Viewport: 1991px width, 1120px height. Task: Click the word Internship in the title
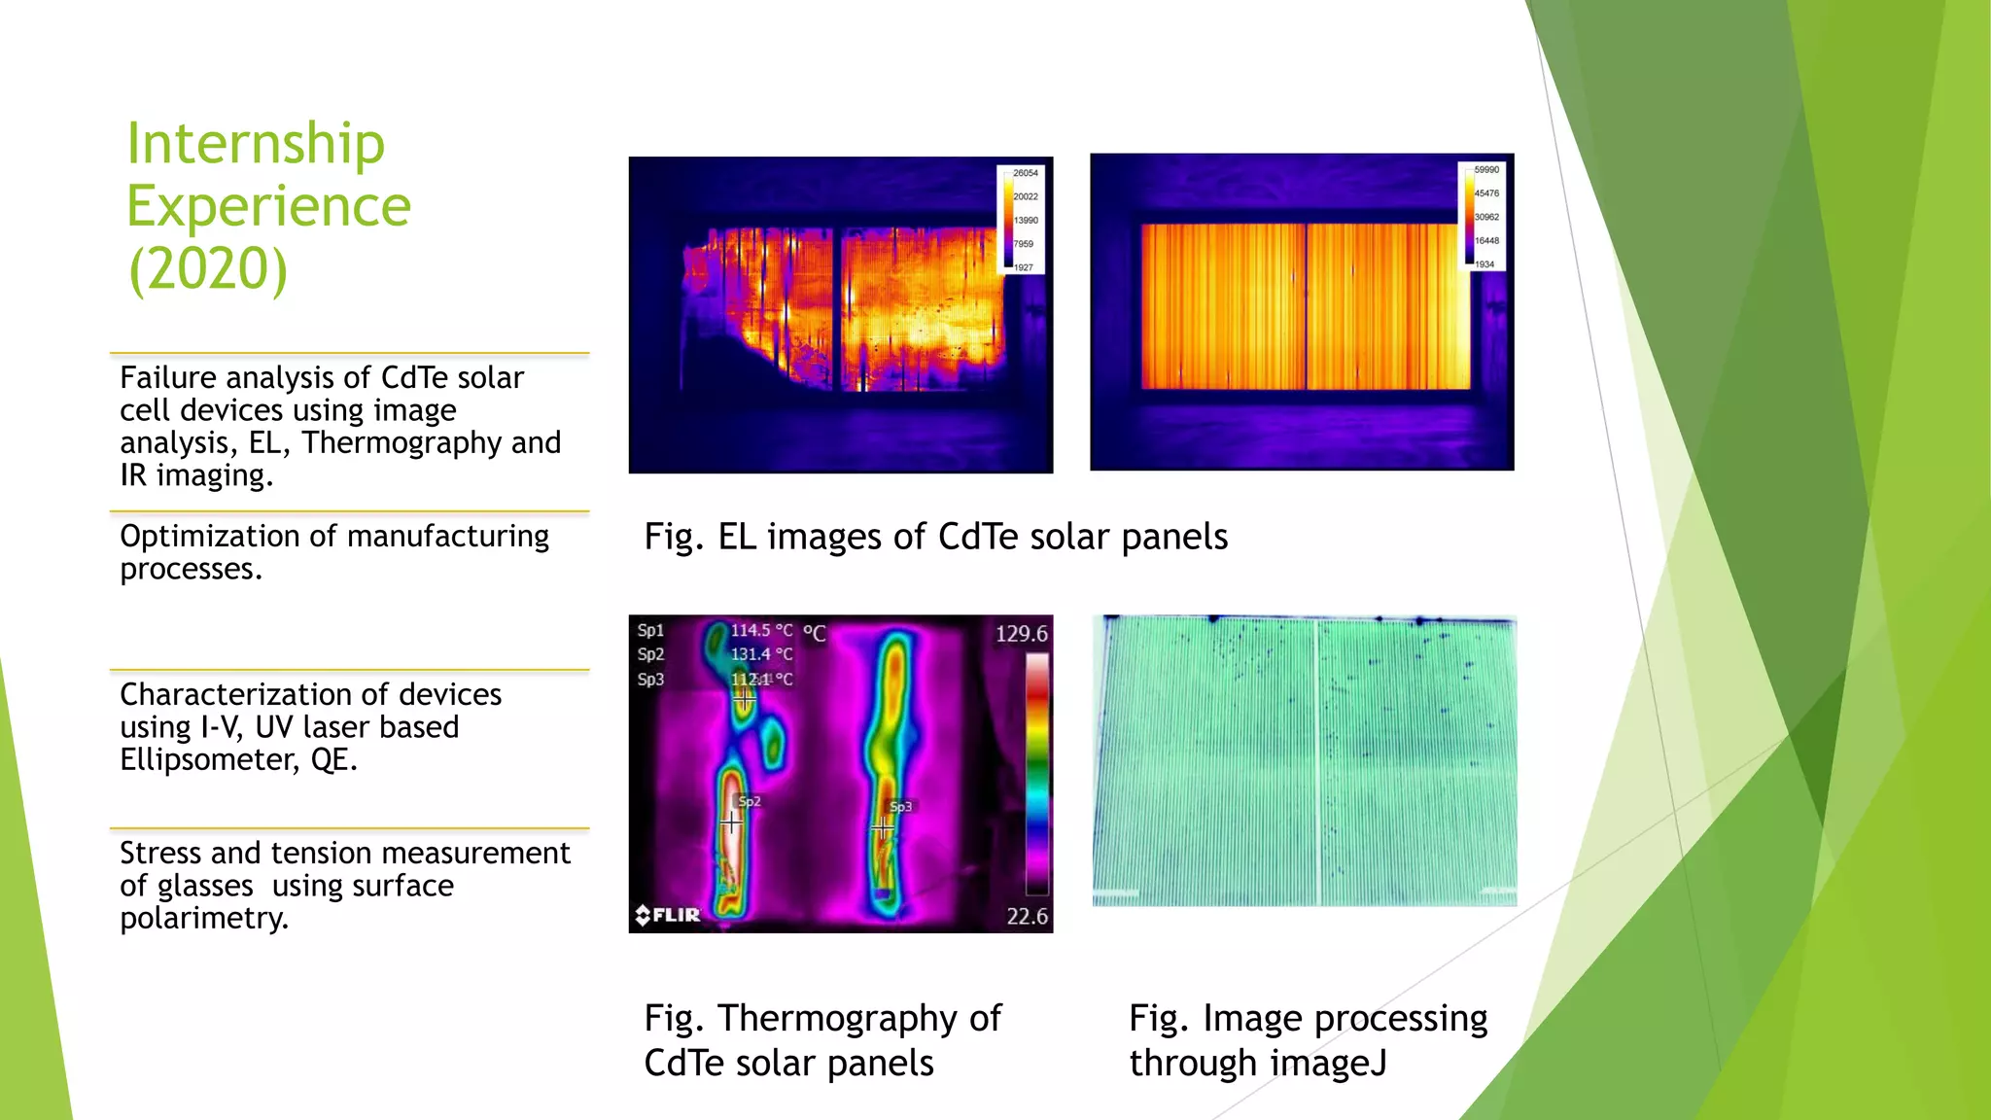tap(256, 144)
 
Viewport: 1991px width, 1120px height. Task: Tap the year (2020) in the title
tap(208, 269)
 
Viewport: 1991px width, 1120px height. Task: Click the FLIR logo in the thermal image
tap(668, 914)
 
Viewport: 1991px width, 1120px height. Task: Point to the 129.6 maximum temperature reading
tap(1021, 634)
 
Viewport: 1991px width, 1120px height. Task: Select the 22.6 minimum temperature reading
tap(1027, 916)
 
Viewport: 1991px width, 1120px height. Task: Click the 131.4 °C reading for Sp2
tap(761, 654)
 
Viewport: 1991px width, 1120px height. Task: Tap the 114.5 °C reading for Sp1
tap(761, 630)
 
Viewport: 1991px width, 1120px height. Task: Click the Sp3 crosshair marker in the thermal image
tap(882, 829)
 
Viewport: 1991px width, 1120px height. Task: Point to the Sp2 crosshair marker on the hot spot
tap(731, 822)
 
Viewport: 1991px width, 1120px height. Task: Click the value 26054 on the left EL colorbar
tap(1025, 173)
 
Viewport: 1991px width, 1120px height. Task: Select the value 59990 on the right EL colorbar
tap(1485, 170)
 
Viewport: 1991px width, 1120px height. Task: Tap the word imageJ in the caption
tap(1336, 1063)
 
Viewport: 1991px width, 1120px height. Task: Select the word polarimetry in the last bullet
tap(204, 918)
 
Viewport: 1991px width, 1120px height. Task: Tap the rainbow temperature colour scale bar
tap(1037, 773)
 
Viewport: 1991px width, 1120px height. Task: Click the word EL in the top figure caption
tap(737, 537)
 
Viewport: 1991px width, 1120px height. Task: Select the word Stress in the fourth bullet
tap(160, 853)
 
